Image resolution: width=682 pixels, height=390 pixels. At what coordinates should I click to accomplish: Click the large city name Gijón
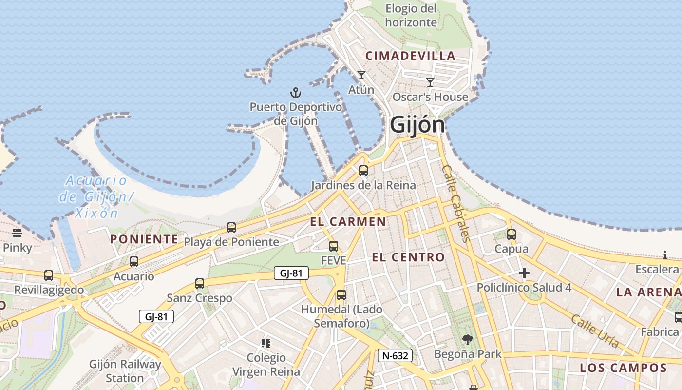tap(417, 125)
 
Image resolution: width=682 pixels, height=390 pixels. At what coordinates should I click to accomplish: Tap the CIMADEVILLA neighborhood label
tap(410, 56)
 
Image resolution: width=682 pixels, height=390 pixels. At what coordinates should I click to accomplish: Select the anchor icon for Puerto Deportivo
tap(296, 92)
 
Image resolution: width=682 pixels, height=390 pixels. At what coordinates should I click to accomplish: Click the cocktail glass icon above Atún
tap(361, 75)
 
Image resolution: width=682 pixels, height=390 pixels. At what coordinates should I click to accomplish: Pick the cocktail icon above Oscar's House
tap(430, 82)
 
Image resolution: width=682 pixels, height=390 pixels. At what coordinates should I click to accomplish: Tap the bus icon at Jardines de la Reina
tap(363, 171)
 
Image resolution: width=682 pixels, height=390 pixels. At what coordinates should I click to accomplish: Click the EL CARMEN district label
tap(348, 222)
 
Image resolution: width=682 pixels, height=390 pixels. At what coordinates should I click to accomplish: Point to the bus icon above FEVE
tap(334, 246)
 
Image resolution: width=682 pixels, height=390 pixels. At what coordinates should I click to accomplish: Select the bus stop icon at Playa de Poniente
tap(231, 228)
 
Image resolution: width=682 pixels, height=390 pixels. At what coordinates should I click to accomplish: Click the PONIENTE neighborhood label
tap(144, 239)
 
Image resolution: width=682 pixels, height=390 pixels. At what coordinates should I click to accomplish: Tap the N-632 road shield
tap(395, 355)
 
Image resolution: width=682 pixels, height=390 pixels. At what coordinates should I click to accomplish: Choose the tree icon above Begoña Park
tap(468, 339)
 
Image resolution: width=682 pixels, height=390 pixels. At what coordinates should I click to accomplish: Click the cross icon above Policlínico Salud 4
tap(524, 273)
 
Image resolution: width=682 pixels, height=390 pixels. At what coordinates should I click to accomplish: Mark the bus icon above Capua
tap(511, 234)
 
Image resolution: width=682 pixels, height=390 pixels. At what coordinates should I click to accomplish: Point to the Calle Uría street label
tap(595, 331)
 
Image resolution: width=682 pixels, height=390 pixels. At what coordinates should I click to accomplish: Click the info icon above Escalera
tap(665, 255)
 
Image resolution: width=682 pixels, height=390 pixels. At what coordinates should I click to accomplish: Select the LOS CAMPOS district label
tap(623, 368)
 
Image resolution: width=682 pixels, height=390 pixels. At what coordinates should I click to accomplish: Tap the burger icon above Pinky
tap(17, 233)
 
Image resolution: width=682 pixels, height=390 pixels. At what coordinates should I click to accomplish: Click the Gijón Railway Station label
tap(125, 371)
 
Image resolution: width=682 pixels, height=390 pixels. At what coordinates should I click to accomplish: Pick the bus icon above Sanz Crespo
tap(200, 284)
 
